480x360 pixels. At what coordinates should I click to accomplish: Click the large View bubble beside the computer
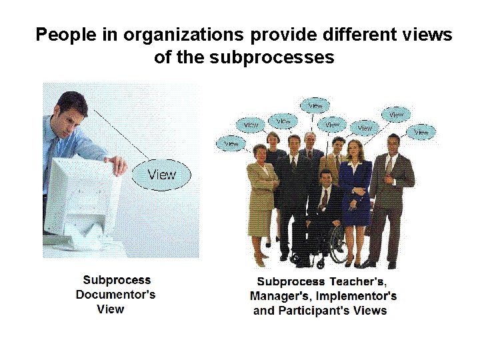tap(162, 175)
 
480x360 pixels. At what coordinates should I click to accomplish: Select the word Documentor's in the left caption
tap(115, 295)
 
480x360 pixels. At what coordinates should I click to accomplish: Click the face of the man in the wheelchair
tap(325, 179)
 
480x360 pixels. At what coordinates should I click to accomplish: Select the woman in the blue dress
tap(355, 183)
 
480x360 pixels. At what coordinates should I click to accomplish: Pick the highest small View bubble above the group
tap(315, 105)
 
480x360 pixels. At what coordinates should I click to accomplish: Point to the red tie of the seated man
tap(324, 199)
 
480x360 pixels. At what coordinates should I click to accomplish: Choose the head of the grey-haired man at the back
tap(309, 139)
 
